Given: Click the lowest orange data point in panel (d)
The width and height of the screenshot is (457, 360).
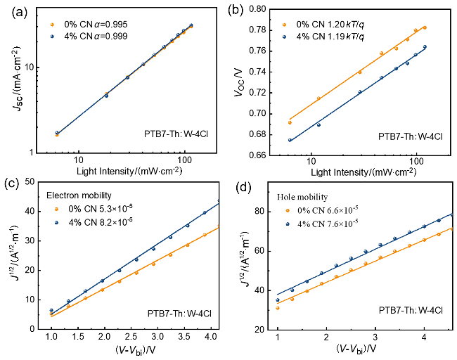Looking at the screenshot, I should [278, 308].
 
